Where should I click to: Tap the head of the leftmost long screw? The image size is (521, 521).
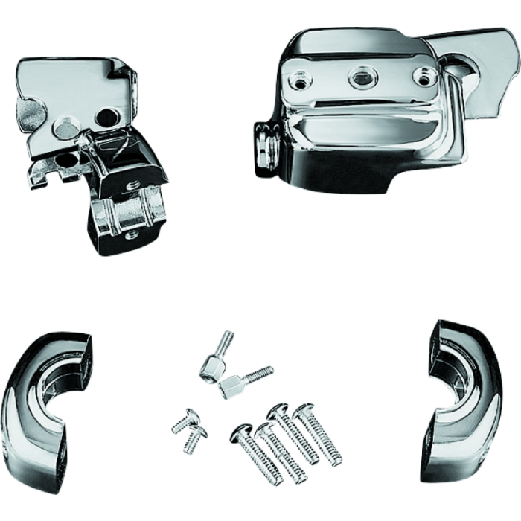[x=243, y=430]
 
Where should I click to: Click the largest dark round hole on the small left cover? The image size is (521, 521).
[x=109, y=115]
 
